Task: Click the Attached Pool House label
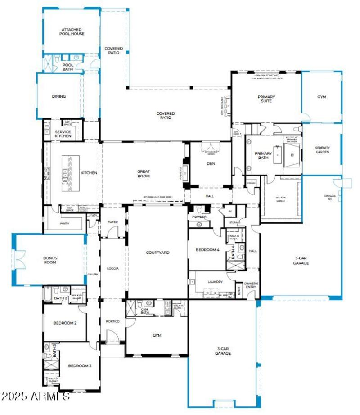(x=72, y=32)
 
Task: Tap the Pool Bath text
(x=67, y=67)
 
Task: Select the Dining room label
(x=59, y=96)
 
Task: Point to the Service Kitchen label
(x=63, y=134)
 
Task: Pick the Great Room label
(x=144, y=173)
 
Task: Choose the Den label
(x=211, y=163)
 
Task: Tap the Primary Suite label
(x=266, y=99)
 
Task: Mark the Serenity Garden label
(x=322, y=150)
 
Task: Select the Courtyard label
(x=157, y=253)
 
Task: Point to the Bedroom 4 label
(x=207, y=250)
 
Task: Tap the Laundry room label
(x=215, y=282)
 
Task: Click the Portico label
(x=112, y=321)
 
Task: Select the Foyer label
(x=112, y=221)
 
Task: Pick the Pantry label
(x=65, y=223)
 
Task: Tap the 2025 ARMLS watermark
(x=36, y=397)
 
